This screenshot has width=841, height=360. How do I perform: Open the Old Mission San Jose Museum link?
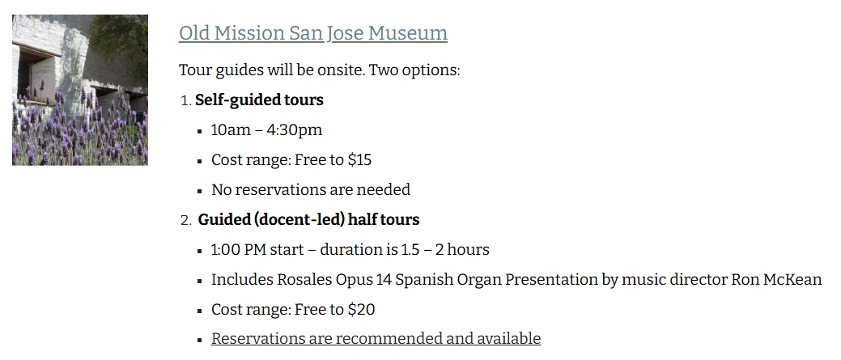point(313,33)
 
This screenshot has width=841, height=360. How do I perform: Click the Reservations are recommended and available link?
point(376,339)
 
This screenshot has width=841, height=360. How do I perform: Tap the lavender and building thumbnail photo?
point(80,90)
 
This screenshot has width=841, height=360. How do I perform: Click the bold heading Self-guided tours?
point(260,100)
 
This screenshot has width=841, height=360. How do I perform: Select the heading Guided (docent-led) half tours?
point(309,220)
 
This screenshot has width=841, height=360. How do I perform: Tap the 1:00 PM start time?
point(239,250)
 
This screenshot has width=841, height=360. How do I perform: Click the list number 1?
point(185,100)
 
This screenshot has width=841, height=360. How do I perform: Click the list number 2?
point(185,220)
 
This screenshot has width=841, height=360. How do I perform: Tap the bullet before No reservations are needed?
point(199,191)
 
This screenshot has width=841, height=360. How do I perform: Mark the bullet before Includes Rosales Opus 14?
point(199,281)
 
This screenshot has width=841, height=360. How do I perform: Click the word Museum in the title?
point(408,33)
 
